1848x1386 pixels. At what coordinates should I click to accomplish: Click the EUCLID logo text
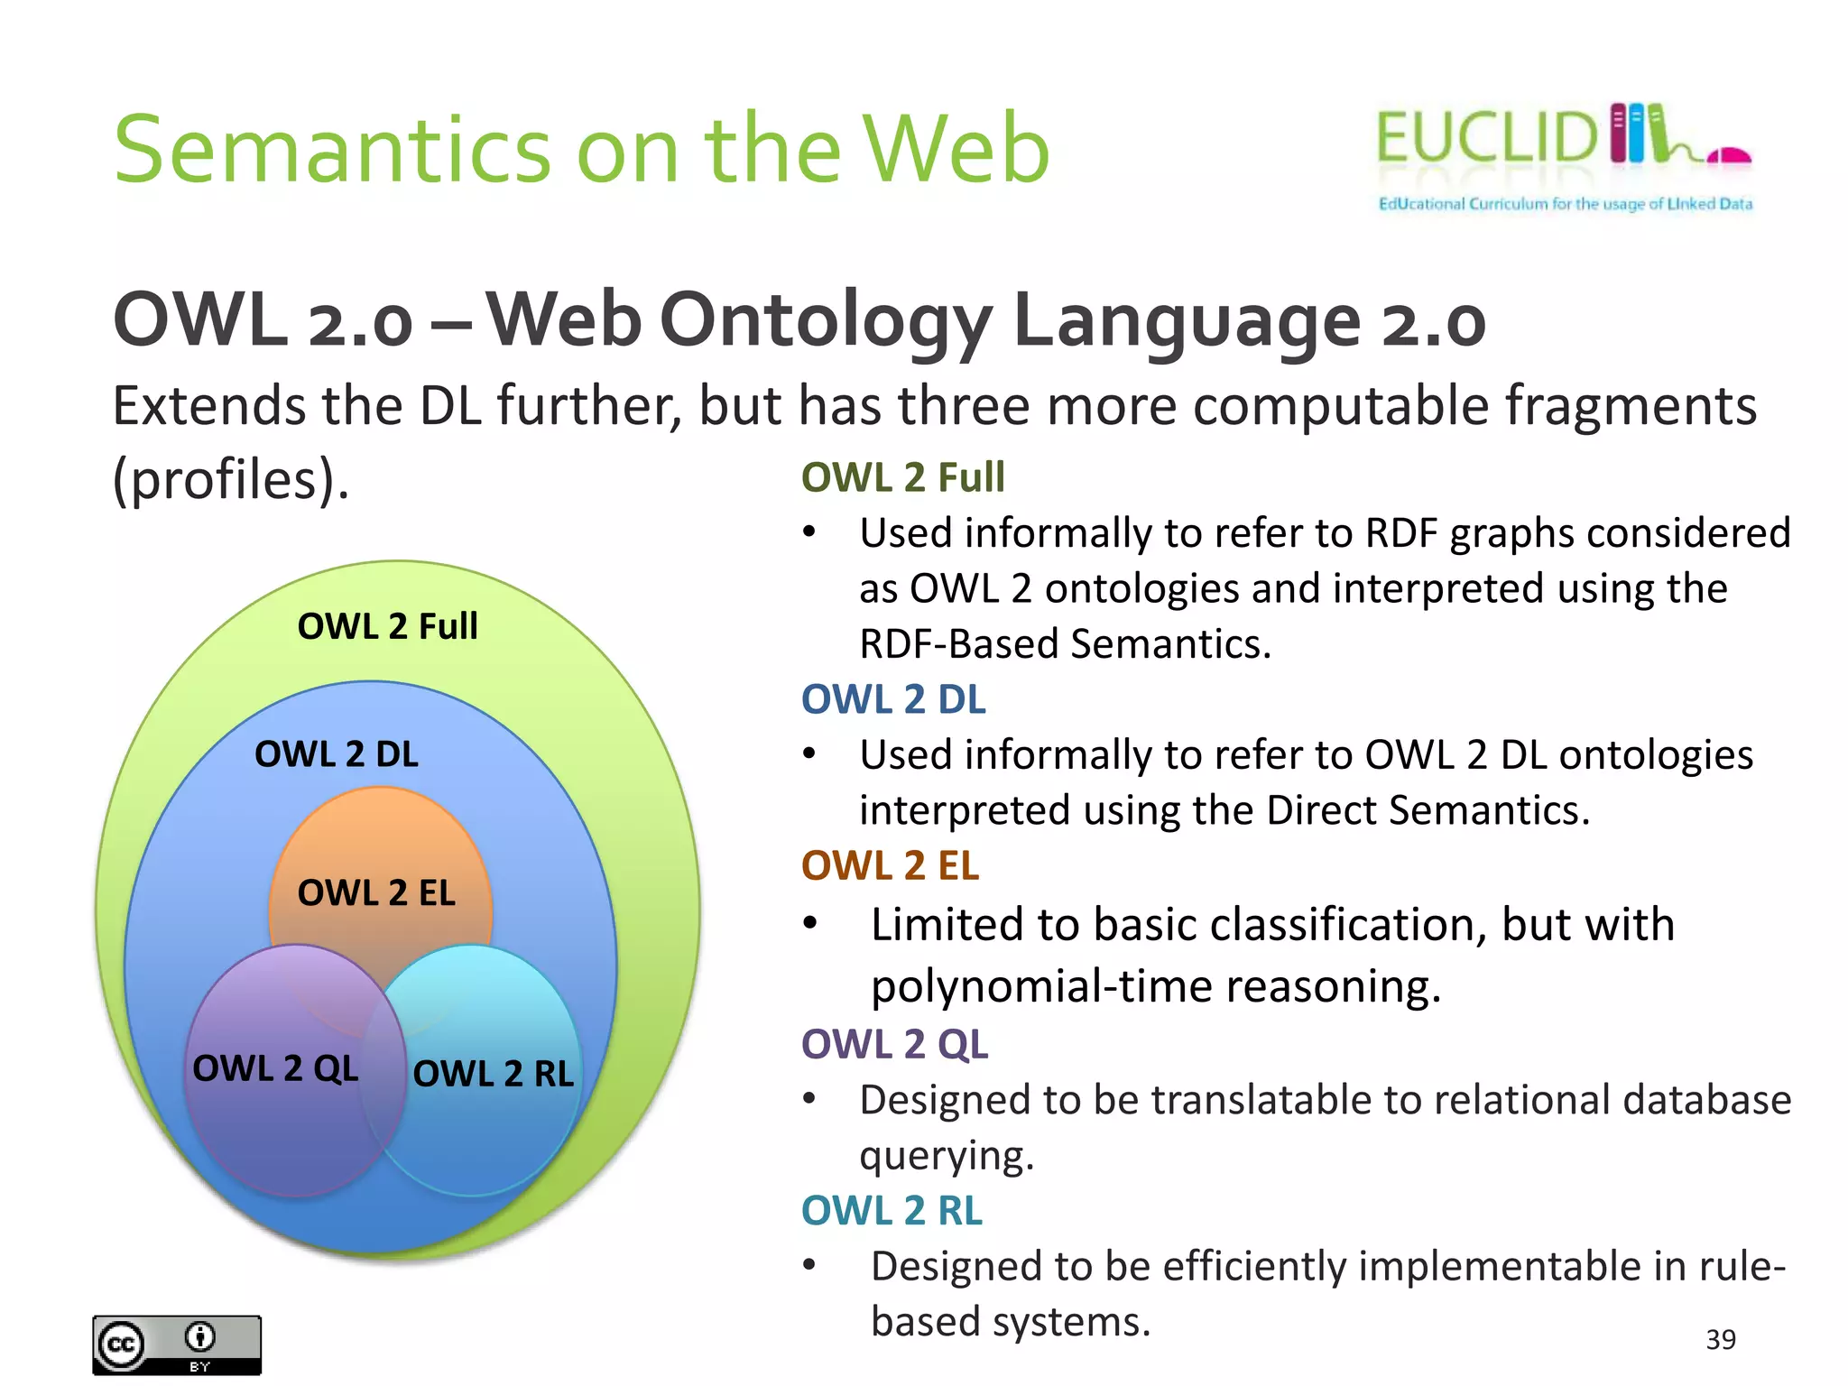click(1487, 138)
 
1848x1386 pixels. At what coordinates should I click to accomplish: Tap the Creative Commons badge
click(177, 1344)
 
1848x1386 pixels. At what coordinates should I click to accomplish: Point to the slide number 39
click(1721, 1340)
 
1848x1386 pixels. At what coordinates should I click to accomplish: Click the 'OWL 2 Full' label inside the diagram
click(387, 626)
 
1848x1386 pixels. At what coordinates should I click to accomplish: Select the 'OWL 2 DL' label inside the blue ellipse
click(337, 754)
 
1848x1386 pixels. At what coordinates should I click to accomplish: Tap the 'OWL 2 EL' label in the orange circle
click(376, 893)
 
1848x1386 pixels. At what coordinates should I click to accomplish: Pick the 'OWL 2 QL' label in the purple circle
click(275, 1068)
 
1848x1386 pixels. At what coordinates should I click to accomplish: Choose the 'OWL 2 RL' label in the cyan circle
click(493, 1074)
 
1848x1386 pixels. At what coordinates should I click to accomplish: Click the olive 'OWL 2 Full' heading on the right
click(902, 477)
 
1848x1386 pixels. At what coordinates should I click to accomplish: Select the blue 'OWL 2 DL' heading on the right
click(893, 700)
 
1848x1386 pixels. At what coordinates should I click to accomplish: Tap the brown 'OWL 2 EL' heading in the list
click(890, 866)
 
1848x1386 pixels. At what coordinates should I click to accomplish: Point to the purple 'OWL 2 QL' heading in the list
click(894, 1044)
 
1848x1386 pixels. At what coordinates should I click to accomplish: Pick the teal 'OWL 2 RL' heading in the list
click(892, 1211)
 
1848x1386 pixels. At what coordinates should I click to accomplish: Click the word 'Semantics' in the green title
click(332, 149)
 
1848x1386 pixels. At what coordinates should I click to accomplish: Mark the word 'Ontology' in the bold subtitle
click(826, 321)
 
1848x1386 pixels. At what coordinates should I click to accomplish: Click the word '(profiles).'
click(231, 478)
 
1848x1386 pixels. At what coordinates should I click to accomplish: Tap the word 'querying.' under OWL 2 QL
click(946, 1156)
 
